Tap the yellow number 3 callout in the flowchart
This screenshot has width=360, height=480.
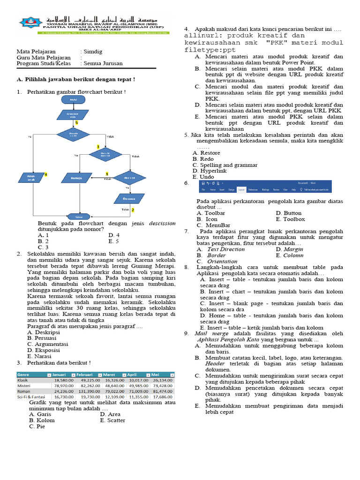[98, 147]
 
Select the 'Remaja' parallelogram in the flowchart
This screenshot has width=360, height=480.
[77, 178]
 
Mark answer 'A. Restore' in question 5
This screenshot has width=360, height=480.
[206, 153]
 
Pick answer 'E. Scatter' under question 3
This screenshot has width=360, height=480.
[112, 420]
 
